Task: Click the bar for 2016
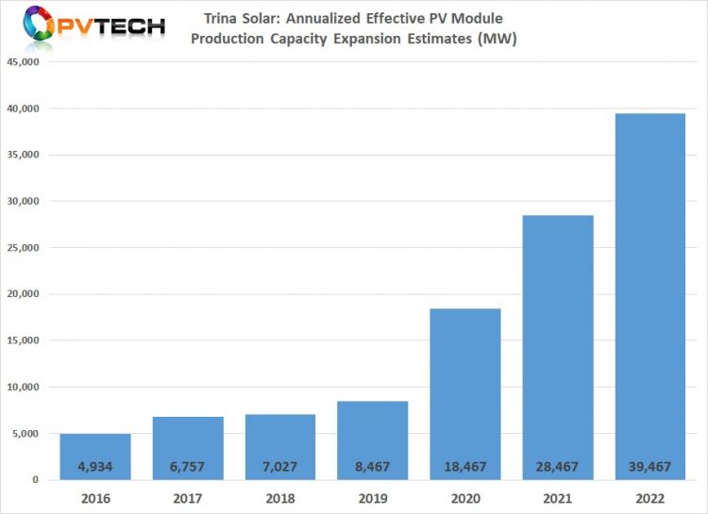click(x=96, y=456)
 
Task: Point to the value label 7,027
click(x=281, y=466)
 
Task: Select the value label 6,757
click(x=189, y=466)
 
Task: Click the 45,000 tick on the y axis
click(x=25, y=62)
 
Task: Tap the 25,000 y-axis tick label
click(x=25, y=248)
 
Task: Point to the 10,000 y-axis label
click(x=25, y=387)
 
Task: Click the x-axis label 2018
click(x=281, y=497)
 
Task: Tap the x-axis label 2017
click(x=189, y=497)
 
